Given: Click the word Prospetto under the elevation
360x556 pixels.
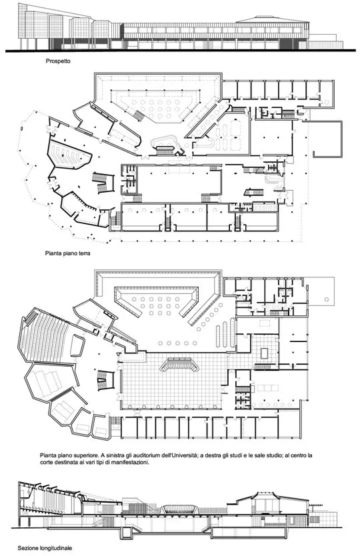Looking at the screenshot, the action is pos(58,61).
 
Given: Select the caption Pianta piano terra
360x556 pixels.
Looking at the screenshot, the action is pos(68,253).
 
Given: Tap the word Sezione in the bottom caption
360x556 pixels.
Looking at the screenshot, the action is pos(27,548).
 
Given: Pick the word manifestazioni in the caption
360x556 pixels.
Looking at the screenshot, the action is pos(131,463).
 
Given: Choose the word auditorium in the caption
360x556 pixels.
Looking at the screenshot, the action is pos(145,455).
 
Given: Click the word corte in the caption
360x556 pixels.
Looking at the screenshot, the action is pos(47,463).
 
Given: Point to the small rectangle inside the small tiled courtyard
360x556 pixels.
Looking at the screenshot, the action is pos(265,353).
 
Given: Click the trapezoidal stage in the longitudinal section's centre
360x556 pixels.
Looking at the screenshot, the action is pos(179,510).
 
